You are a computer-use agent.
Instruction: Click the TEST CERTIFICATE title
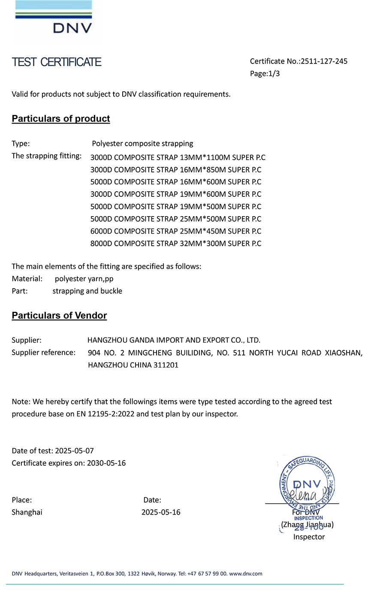(57, 62)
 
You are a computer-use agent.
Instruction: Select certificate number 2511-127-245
(324, 61)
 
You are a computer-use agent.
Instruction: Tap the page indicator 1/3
(274, 74)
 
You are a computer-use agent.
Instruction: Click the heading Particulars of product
(61, 119)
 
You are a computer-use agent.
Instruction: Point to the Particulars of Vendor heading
(59, 316)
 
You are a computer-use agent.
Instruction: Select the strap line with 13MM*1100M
(178, 157)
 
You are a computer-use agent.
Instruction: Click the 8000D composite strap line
(175, 244)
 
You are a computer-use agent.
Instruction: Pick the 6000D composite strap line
(175, 231)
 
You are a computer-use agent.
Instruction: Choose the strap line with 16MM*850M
(175, 170)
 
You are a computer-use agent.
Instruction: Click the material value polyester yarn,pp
(84, 279)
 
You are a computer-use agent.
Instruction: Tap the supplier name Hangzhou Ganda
(174, 340)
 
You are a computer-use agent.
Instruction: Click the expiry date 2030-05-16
(106, 463)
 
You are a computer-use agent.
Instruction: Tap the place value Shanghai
(27, 512)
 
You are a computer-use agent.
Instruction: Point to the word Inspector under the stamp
(309, 537)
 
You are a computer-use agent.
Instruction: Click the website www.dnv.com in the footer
(245, 574)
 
